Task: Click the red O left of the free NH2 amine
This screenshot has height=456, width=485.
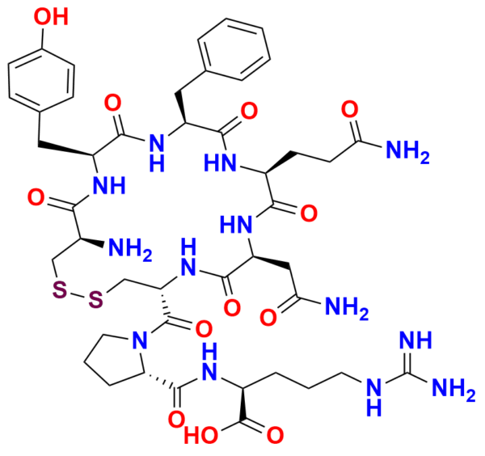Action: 35,194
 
